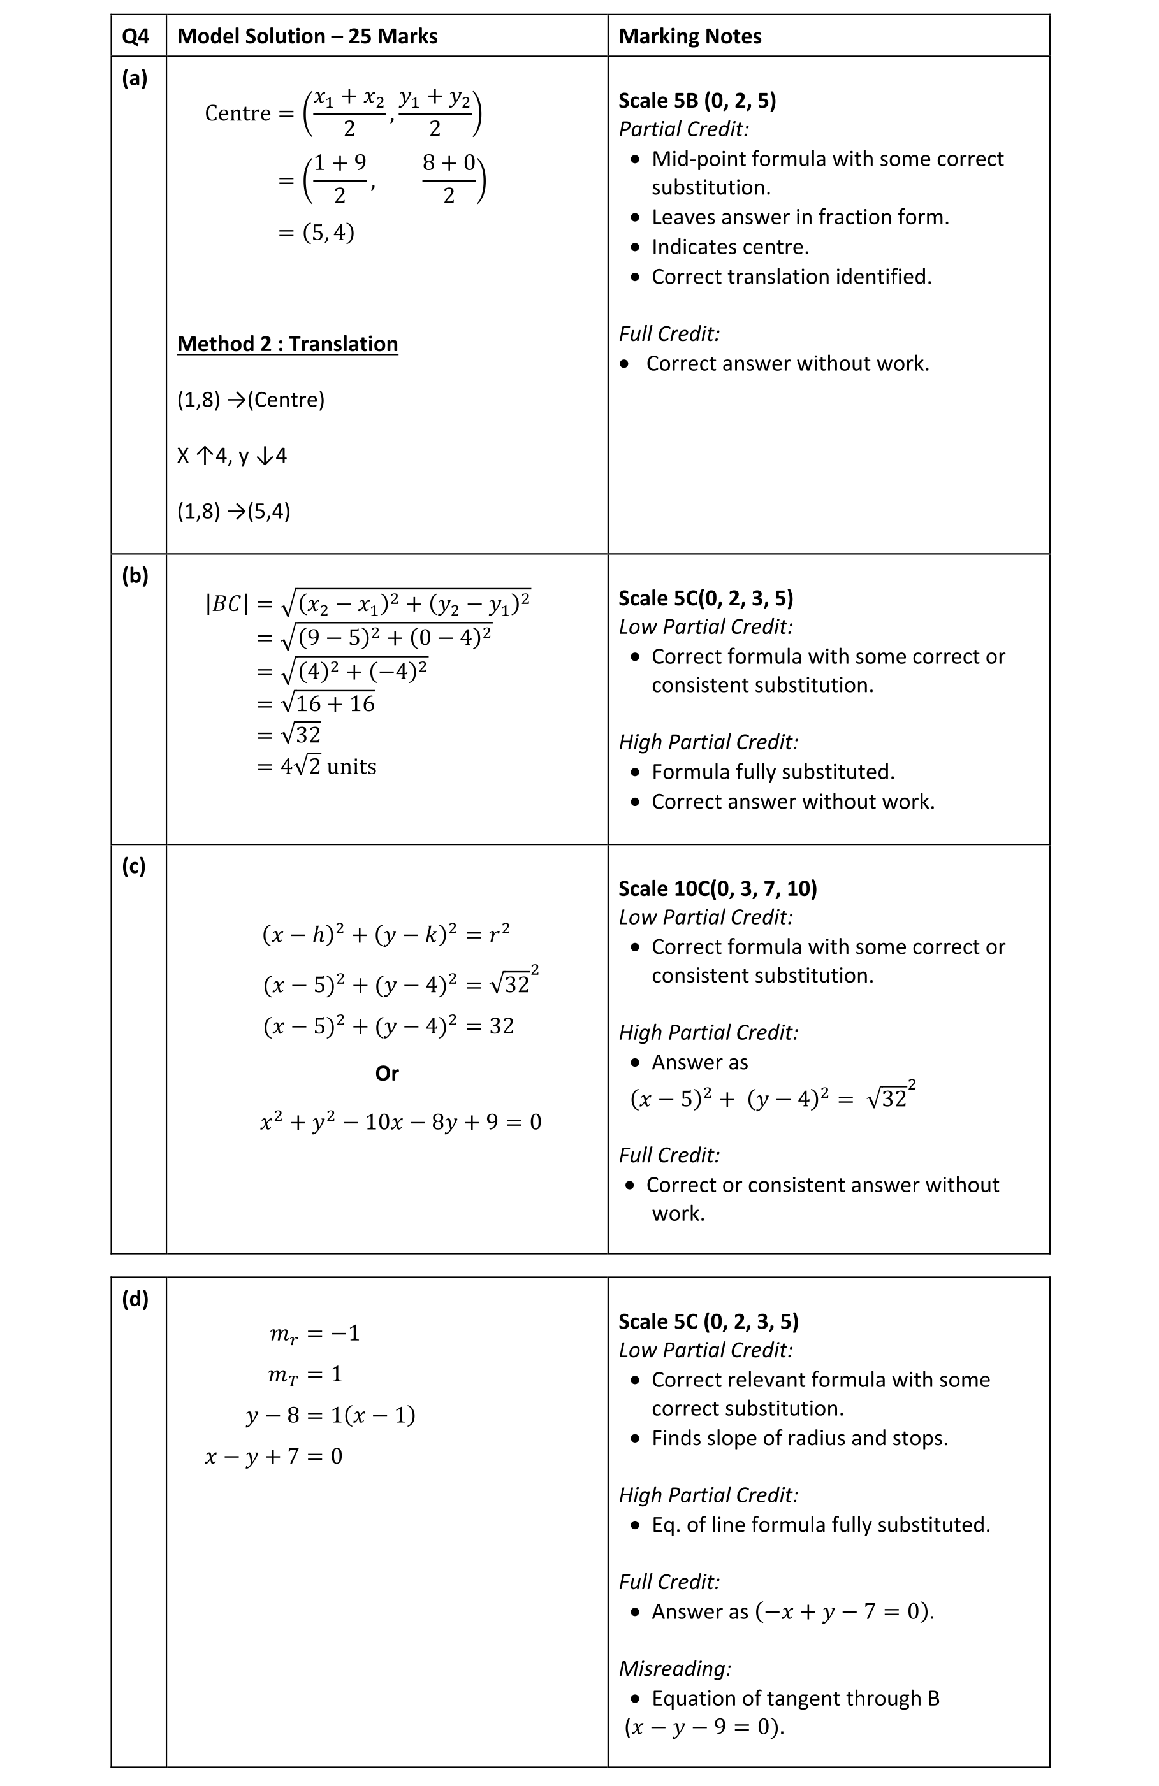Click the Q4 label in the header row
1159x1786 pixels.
(x=136, y=36)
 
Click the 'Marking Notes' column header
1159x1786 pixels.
(x=689, y=36)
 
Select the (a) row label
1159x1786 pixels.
(x=135, y=77)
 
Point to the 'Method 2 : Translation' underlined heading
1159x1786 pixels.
(x=287, y=343)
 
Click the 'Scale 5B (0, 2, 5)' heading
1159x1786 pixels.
(x=697, y=101)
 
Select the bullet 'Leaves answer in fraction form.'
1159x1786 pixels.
(x=799, y=217)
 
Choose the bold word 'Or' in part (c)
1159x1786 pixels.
(x=386, y=1073)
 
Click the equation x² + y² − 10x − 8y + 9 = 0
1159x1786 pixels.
(x=400, y=1122)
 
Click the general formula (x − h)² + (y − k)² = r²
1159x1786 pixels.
(x=386, y=934)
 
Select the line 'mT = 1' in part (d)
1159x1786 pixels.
(x=305, y=1374)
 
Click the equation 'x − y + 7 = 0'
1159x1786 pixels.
(x=273, y=1456)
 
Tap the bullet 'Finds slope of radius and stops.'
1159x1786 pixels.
(x=799, y=1438)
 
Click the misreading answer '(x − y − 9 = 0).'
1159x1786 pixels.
(x=704, y=1727)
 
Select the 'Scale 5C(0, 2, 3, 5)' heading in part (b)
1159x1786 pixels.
(x=705, y=598)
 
